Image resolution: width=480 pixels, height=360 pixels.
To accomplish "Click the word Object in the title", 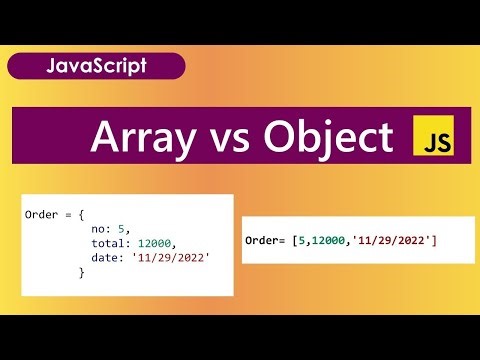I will [x=327, y=138].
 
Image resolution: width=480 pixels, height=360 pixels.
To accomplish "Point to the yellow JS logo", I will [x=433, y=138].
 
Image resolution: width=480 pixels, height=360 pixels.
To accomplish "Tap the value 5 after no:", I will [x=122, y=230].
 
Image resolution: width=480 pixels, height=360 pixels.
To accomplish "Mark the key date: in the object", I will [x=107, y=258].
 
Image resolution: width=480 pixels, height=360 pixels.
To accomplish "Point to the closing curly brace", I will [x=82, y=272].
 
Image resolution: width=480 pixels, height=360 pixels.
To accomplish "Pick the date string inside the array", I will [x=395, y=242].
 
